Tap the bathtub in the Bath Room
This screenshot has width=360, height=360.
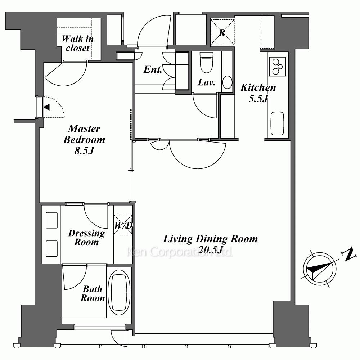pyautogui.click(x=119, y=292)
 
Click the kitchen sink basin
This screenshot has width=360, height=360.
pyautogui.click(x=277, y=123)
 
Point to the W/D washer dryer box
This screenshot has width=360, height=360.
pyautogui.click(x=123, y=224)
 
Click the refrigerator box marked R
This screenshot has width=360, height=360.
pyautogui.click(x=222, y=32)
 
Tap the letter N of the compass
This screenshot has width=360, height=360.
pyautogui.click(x=349, y=254)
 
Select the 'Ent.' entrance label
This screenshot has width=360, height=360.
pyautogui.click(x=153, y=69)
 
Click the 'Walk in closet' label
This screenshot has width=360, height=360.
pyautogui.click(x=78, y=43)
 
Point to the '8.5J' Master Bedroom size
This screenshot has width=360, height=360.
pyautogui.click(x=84, y=151)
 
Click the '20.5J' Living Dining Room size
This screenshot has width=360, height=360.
pyautogui.click(x=210, y=249)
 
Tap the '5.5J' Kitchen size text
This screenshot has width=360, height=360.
pyautogui.click(x=258, y=99)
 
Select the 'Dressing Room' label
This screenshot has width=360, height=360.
pyautogui.click(x=86, y=238)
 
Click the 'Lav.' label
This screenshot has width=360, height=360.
pyautogui.click(x=206, y=82)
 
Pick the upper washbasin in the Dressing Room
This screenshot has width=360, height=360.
pyautogui.click(x=51, y=220)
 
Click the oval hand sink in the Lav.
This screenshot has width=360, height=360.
pyautogui.click(x=227, y=82)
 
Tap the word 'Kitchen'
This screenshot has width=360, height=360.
pyautogui.click(x=258, y=87)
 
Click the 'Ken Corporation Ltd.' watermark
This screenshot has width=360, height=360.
pyautogui.click(x=180, y=252)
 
